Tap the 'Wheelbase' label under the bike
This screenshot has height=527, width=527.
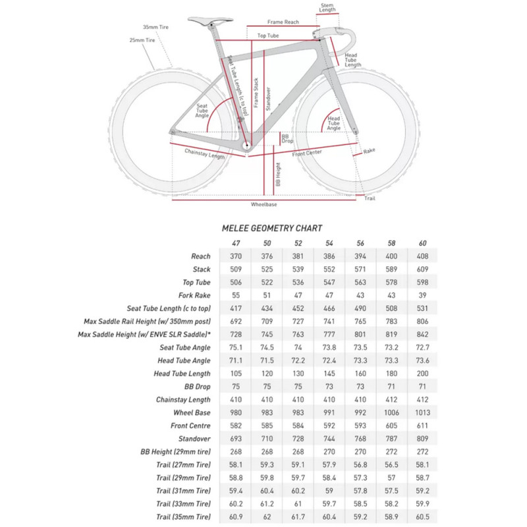tap(263, 205)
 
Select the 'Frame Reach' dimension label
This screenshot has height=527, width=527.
tap(283, 22)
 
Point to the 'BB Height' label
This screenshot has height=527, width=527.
tap(279, 175)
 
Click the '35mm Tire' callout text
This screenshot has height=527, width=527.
tap(157, 28)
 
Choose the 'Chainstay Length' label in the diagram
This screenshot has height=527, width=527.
tap(205, 153)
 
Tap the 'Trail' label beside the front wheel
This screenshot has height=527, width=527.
tap(370, 198)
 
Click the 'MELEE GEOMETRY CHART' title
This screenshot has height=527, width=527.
tap(273, 228)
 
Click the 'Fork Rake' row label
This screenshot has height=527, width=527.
tap(194, 295)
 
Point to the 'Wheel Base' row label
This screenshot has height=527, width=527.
tap(192, 412)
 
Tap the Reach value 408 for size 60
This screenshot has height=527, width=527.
tap(423, 256)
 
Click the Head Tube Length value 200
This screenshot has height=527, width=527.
tap(423, 374)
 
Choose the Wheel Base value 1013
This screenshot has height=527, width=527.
tap(423, 412)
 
